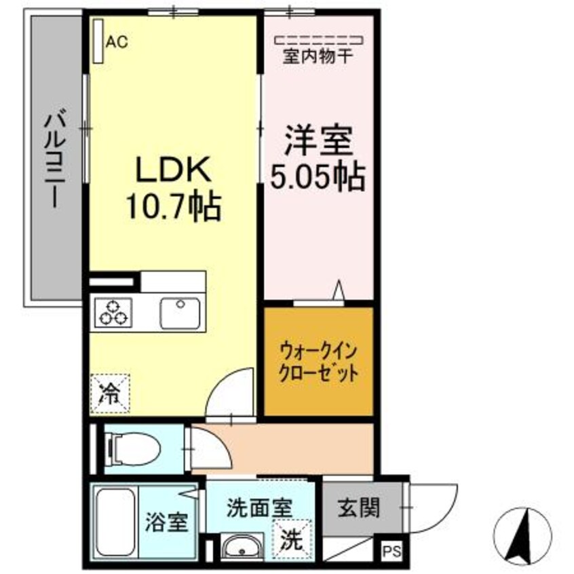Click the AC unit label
pyautogui.click(x=116, y=42)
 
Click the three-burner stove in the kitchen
pyautogui.click(x=113, y=312)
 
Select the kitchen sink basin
pyautogui.click(x=180, y=313)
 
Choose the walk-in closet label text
pyautogui.click(x=318, y=362)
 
